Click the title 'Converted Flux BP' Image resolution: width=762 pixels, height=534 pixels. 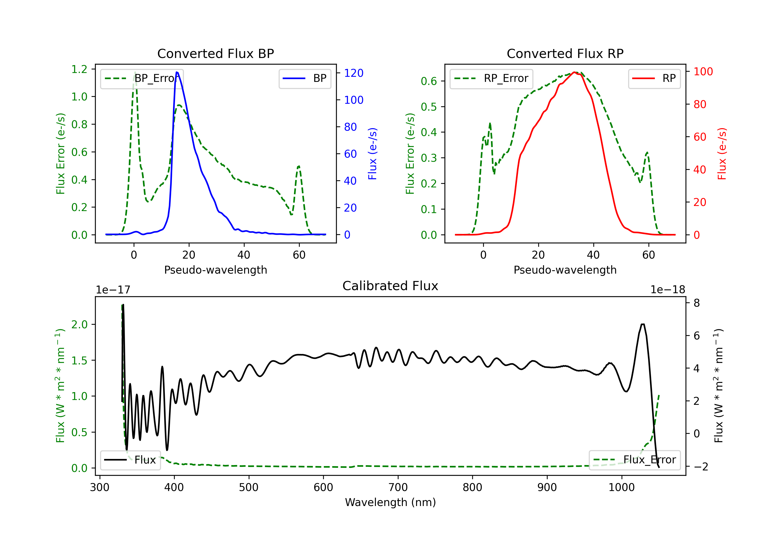(215, 53)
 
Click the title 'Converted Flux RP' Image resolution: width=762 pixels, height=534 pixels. (565, 53)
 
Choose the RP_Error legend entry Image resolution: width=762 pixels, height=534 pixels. (491, 78)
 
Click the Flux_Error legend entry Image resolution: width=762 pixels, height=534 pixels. (634, 460)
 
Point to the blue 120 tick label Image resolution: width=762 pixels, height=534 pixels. (354, 73)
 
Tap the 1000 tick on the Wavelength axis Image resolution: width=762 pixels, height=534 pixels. (621, 487)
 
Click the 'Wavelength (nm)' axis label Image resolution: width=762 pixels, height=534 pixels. (390, 502)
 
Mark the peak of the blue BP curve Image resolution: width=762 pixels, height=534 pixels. (177, 72)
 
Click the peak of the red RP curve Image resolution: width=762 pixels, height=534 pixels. (574, 72)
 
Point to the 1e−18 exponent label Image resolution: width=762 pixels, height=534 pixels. (668, 290)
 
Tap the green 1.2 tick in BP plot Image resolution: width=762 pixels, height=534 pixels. (79, 69)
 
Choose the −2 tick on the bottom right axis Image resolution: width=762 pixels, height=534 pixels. (700, 467)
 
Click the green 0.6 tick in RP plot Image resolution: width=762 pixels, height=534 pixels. (429, 81)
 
